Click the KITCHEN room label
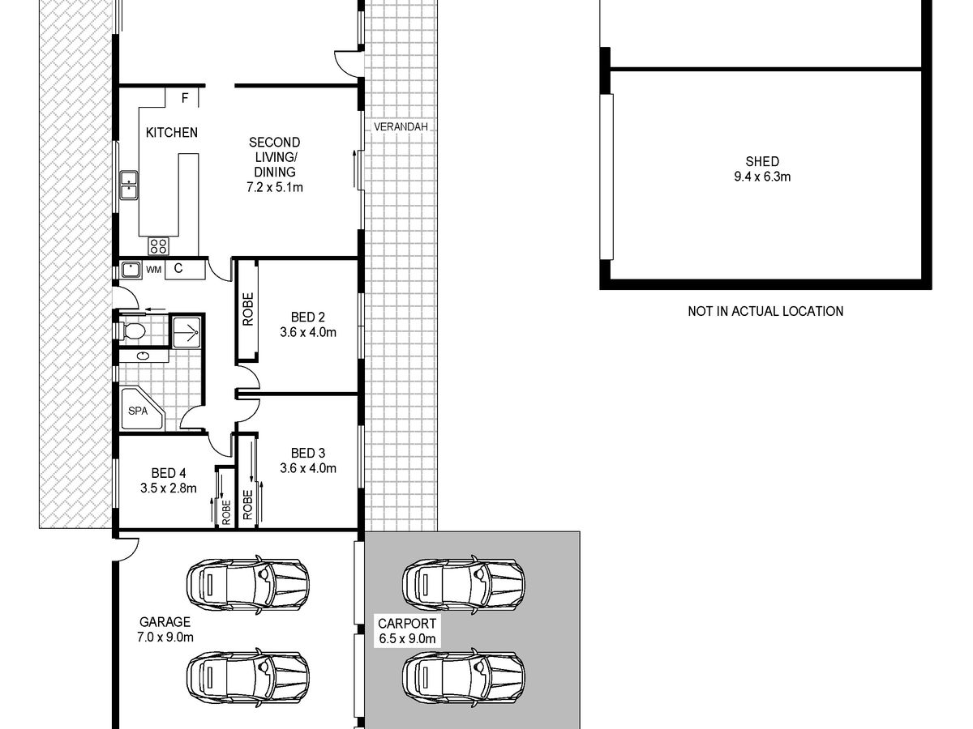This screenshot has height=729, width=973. [172, 132]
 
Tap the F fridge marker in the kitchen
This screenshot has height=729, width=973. [185, 98]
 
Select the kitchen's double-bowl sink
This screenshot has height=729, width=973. [129, 185]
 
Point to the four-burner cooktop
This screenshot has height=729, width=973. [158, 246]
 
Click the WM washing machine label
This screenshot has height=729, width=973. [153, 270]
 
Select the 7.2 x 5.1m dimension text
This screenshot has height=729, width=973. [275, 188]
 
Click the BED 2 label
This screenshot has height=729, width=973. [308, 317]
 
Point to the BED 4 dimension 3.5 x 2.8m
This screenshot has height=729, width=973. [169, 488]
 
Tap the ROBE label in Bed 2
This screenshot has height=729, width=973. [248, 309]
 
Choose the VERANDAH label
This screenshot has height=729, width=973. [401, 127]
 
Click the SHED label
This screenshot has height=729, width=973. [762, 161]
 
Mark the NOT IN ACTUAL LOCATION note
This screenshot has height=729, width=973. [765, 312]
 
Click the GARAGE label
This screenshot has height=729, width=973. [165, 622]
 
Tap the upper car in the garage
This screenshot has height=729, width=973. [248, 585]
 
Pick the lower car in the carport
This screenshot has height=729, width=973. [464, 677]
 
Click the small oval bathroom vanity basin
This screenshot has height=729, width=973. [143, 356]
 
